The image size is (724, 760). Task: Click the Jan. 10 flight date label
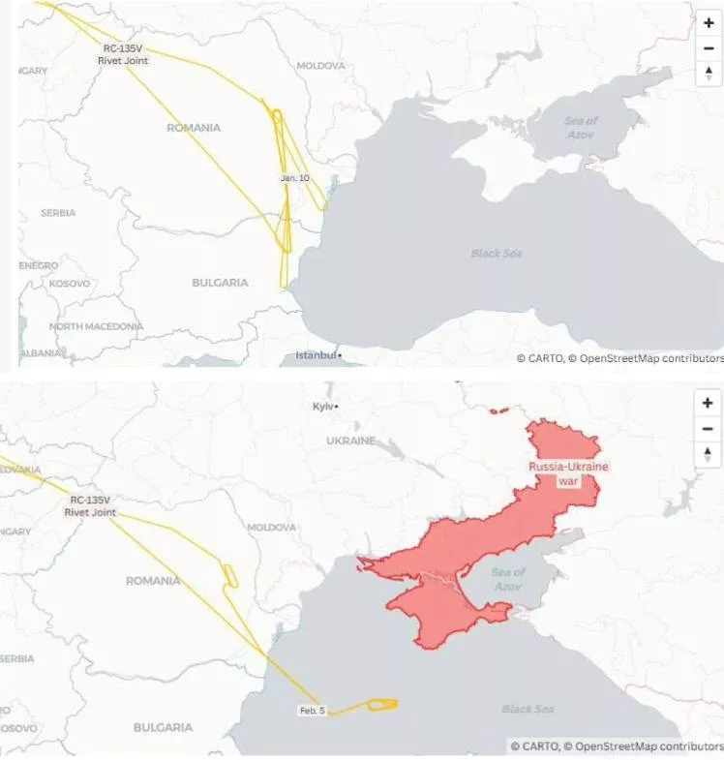[295, 178]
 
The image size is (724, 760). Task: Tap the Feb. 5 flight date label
[312, 711]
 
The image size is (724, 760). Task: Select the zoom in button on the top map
[709, 22]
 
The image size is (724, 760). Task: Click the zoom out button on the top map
[709, 47]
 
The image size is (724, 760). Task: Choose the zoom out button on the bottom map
[709, 429]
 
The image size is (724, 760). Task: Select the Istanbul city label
[317, 355]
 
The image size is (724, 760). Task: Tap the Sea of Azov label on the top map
[581, 127]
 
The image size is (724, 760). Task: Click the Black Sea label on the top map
[497, 254]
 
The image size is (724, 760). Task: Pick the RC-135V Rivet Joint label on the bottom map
[90, 505]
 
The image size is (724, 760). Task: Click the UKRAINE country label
[350, 441]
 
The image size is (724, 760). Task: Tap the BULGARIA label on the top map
[220, 283]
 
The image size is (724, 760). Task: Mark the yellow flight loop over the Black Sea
[382, 704]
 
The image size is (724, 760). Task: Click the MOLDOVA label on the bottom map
[271, 528]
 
